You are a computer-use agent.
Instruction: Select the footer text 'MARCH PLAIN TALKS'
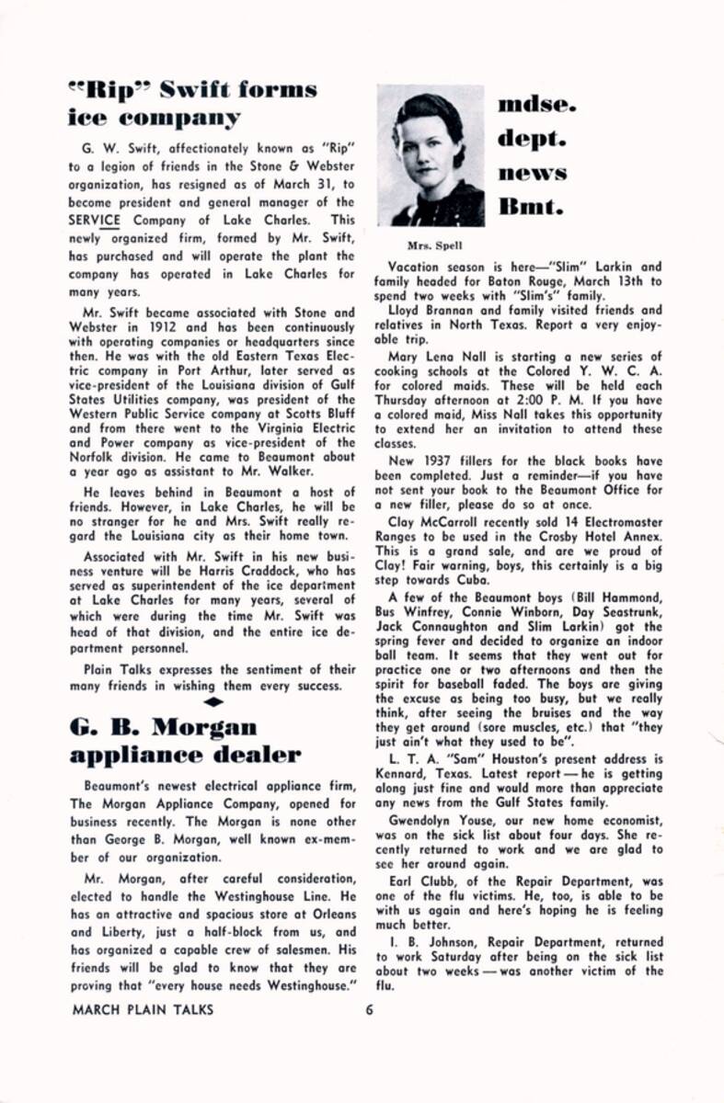(142, 1008)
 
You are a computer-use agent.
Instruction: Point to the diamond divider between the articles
(213, 702)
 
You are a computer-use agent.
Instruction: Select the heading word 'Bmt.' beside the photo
(532, 206)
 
